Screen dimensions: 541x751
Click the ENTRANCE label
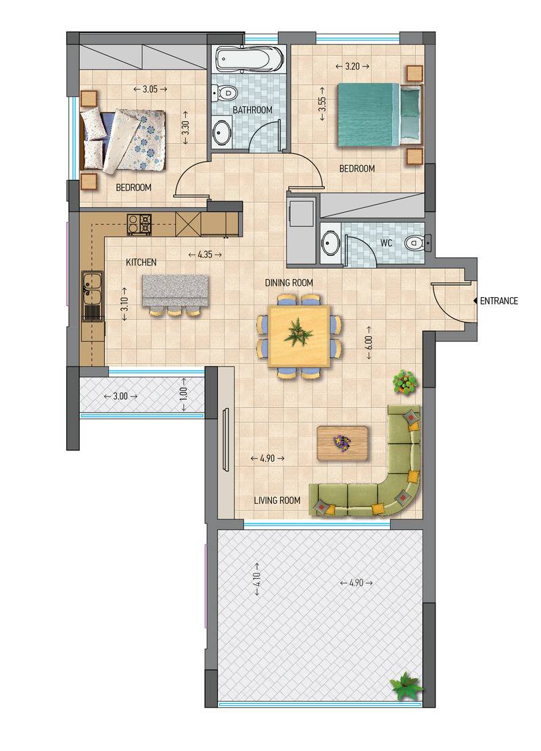coord(499,301)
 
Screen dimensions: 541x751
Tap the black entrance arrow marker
coord(475,301)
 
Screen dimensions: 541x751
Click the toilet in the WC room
coord(416,243)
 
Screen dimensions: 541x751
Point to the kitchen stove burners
coord(139,224)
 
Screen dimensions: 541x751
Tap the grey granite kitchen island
coord(176,290)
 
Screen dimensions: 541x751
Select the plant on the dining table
coord(298,332)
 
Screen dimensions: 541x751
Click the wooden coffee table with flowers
coord(343,444)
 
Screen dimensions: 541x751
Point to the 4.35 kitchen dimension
coord(205,255)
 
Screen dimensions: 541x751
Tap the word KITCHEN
coord(141,263)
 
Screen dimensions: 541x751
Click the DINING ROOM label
coord(289,282)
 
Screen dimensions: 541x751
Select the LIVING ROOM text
coord(277,500)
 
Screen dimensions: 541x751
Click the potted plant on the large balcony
coord(406,686)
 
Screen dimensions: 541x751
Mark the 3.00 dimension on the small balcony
coord(120,396)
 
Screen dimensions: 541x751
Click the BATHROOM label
coord(252,110)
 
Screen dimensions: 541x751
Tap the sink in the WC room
coord(330,243)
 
